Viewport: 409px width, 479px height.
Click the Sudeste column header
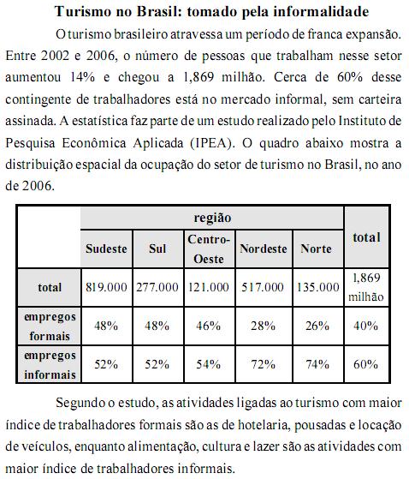[x=107, y=248]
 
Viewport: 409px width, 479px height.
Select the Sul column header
[x=157, y=248]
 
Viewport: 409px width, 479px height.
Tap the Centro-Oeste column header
[x=208, y=248]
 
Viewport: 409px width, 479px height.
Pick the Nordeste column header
[x=263, y=248]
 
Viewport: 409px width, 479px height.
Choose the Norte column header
[x=317, y=248]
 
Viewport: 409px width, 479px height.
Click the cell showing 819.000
[x=107, y=287]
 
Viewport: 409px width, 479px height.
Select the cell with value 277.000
[x=157, y=287]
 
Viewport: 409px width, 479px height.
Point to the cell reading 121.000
[x=208, y=287]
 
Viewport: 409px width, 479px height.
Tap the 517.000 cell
[x=263, y=287]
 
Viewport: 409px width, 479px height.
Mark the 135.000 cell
[x=317, y=287]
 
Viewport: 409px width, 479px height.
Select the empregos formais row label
[x=50, y=325]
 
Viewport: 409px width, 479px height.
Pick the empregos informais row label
[x=50, y=363]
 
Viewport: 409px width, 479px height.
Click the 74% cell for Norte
[x=317, y=364]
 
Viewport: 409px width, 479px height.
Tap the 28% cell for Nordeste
[x=263, y=326]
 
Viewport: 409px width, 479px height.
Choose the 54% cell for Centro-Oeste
[x=208, y=364]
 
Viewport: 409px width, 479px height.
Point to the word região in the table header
[x=212, y=219]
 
